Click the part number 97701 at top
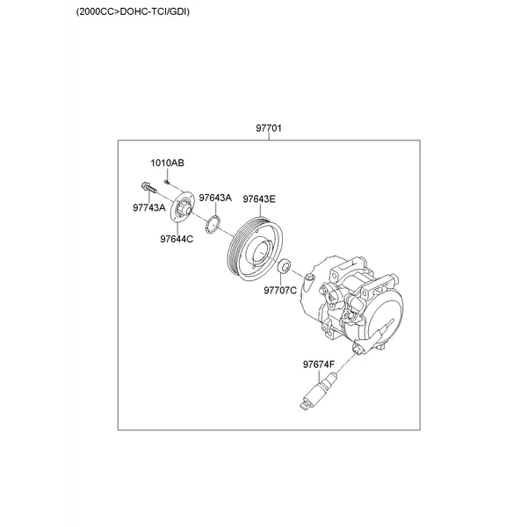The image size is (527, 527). (x=268, y=127)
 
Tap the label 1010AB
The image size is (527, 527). (x=167, y=163)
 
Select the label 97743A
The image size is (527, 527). (x=149, y=208)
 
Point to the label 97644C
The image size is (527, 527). (x=177, y=238)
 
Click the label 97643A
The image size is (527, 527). (x=215, y=199)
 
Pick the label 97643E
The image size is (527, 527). (x=259, y=199)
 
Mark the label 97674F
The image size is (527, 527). (x=320, y=364)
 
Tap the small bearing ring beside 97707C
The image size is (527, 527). (x=285, y=265)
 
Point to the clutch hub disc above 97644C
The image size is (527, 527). (x=181, y=210)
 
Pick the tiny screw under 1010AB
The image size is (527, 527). (x=166, y=180)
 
